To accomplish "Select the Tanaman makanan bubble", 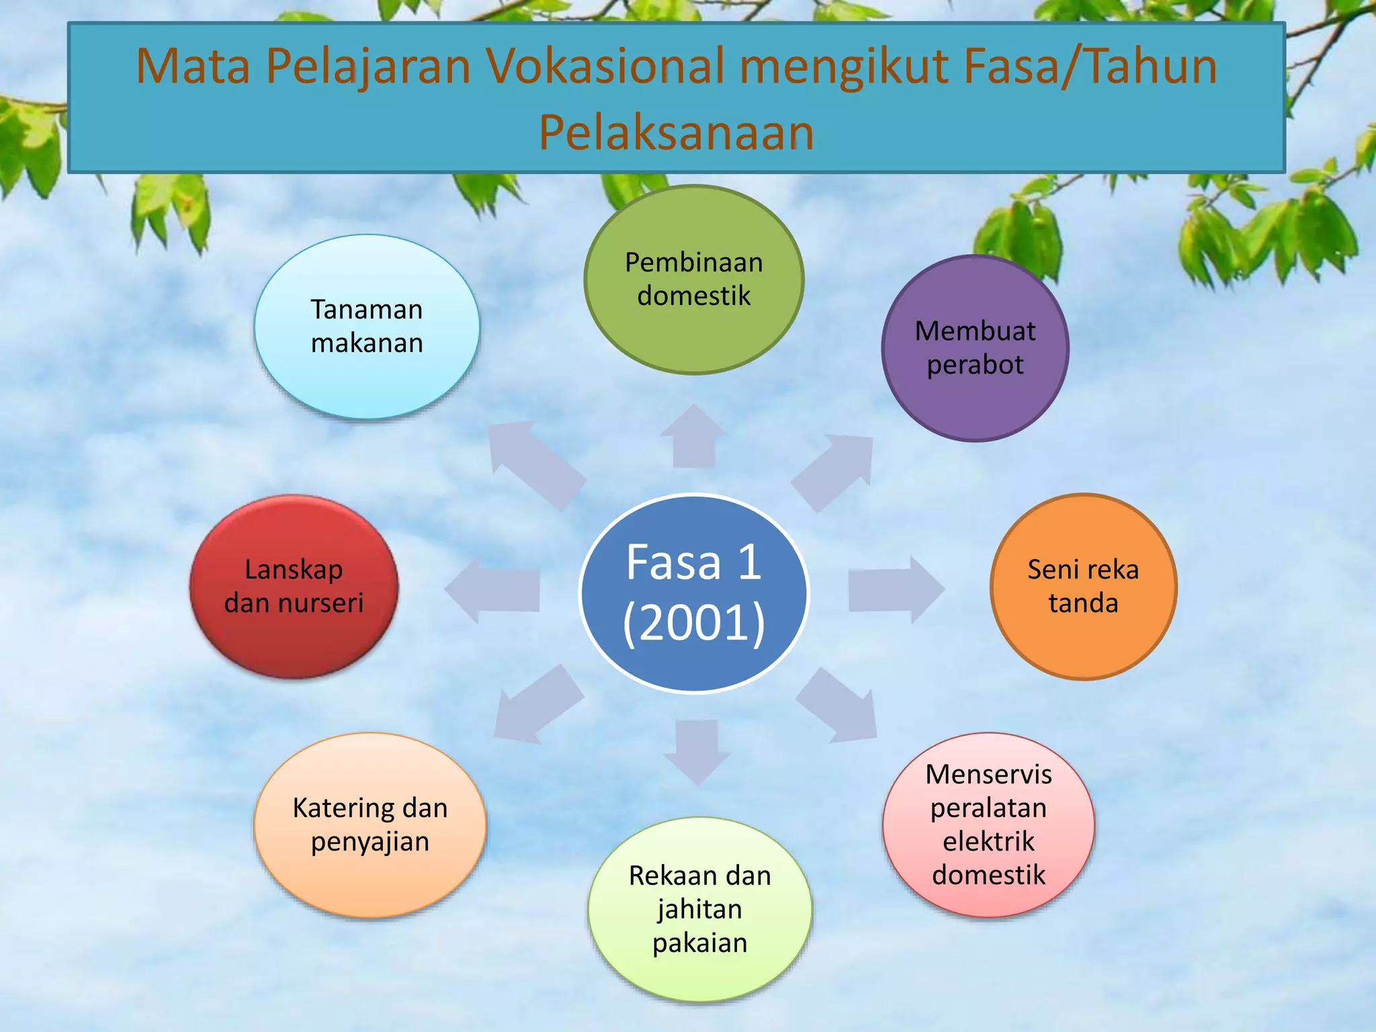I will point(367,327).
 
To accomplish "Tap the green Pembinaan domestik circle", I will point(694,279).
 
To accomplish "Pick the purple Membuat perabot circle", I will point(975,348).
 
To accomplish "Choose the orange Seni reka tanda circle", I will point(1083,587).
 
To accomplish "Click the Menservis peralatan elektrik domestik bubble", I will point(988,824).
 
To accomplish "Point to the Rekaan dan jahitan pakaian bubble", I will point(699,909).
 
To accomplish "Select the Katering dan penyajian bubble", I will point(370,824).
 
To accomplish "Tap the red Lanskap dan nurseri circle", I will point(294,587).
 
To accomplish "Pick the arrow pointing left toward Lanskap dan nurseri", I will point(494,590).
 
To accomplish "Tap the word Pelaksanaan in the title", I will point(676,132).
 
